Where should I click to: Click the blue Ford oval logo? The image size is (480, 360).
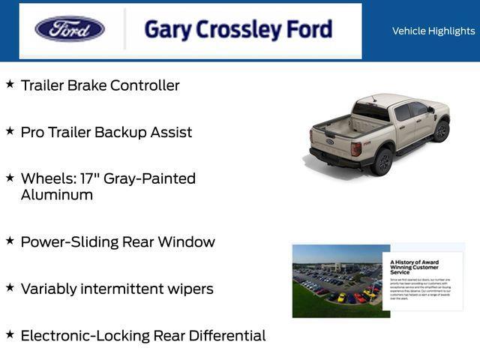click(x=70, y=29)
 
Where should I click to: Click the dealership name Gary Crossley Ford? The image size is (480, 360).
click(x=238, y=30)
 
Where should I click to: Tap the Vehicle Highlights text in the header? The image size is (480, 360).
click(x=433, y=31)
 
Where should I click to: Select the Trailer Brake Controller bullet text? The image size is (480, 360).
click(x=100, y=85)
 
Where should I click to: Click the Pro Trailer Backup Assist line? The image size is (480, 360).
click(x=106, y=132)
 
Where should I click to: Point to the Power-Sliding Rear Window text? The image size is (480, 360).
click(x=118, y=242)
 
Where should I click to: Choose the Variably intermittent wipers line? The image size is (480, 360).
click(x=117, y=289)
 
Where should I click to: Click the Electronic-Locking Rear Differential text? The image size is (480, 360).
click(x=142, y=335)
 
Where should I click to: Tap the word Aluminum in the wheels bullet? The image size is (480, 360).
click(x=57, y=195)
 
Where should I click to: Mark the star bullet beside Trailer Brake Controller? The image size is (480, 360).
click(x=10, y=84)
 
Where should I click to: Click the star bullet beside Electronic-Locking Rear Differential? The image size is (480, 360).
click(x=10, y=334)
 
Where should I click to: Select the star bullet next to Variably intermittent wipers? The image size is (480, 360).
click(x=10, y=287)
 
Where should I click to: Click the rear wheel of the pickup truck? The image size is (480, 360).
click(x=383, y=161)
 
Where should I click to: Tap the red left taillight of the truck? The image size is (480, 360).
click(x=356, y=148)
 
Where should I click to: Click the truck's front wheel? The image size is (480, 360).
click(x=441, y=131)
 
